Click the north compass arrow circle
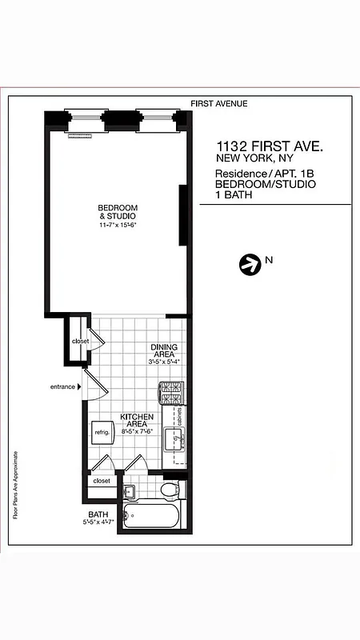(250, 264)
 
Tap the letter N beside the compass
(270, 260)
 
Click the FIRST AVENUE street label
(218, 103)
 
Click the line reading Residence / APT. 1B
(265, 173)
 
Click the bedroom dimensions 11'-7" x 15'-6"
(118, 226)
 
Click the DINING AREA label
(164, 351)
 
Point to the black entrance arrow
(79, 387)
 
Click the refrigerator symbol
(102, 433)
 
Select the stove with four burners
(172, 393)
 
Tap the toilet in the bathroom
(170, 490)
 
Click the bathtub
(154, 516)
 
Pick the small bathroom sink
(129, 490)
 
